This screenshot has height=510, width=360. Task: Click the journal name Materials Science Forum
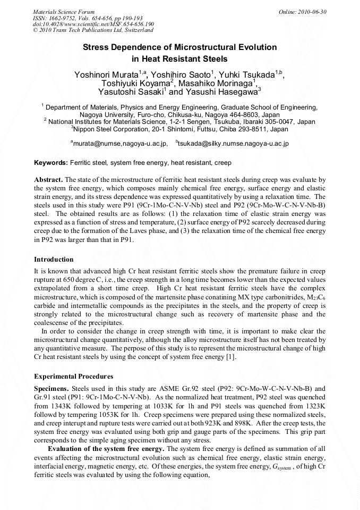pyautogui.click(x=64, y=11)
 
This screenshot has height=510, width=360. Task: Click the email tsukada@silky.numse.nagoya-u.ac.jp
pyautogui.click(x=234, y=143)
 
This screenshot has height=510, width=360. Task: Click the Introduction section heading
pyautogui.click(x=54, y=260)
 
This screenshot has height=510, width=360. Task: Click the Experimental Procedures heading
pyautogui.click(x=73, y=377)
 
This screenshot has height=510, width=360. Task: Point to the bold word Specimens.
pyautogui.click(x=52, y=389)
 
